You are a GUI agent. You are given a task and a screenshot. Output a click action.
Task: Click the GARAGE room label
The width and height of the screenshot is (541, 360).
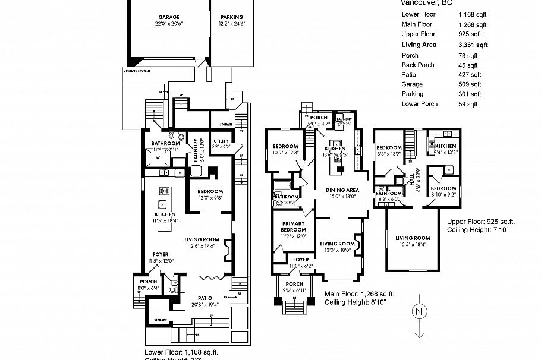click(x=169, y=17)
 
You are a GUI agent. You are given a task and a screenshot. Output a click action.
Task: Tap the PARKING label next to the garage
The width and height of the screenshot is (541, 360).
click(x=232, y=17)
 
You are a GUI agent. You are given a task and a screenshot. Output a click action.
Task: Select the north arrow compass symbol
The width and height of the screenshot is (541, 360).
click(x=420, y=312)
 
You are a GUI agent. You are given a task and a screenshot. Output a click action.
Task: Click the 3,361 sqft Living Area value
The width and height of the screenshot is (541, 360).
click(x=473, y=45)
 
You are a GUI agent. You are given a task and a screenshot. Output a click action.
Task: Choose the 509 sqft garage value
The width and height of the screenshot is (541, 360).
click(x=468, y=84)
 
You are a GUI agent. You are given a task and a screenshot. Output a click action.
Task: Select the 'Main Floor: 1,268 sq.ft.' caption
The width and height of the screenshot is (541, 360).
click(x=358, y=294)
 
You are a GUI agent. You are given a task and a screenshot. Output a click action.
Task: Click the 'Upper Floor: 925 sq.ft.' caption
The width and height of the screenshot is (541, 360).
click(x=480, y=221)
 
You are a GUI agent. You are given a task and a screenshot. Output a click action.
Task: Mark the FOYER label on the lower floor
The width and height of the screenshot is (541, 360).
click(x=161, y=254)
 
